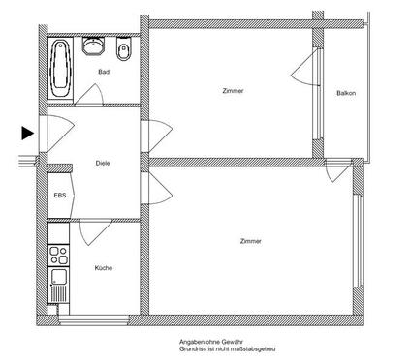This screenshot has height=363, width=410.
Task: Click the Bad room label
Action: (102, 72)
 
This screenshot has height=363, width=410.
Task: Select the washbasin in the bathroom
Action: (94, 45)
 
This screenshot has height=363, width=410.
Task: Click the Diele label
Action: (102, 163)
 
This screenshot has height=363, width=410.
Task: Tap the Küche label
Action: (103, 267)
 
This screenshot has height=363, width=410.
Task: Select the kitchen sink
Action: (58, 287)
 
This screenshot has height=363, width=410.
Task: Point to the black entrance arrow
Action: (28, 133)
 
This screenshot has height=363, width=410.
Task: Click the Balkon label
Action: (346, 93)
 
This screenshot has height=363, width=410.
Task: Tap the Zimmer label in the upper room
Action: (233, 91)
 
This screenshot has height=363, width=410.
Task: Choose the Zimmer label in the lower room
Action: (251, 240)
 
